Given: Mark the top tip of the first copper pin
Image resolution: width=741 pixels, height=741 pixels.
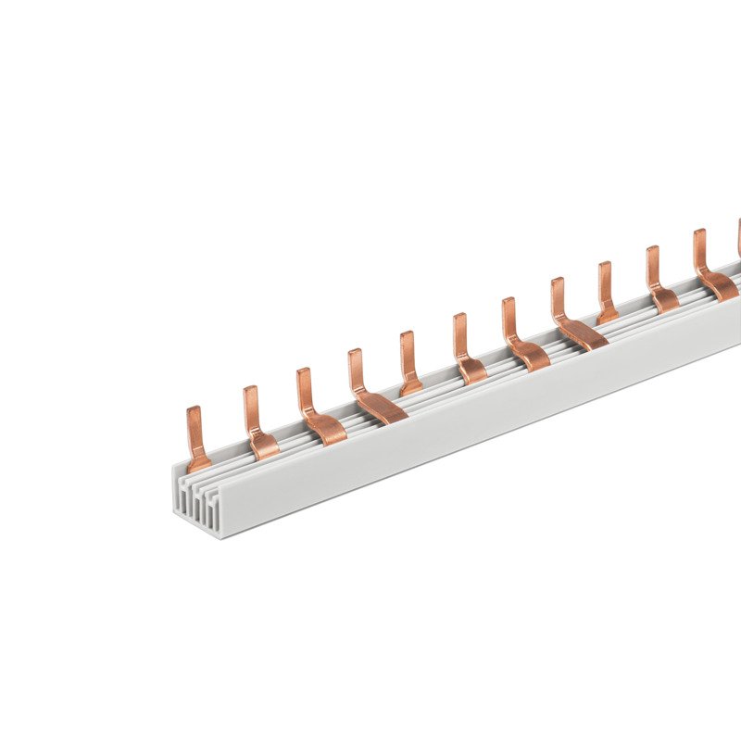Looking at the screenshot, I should point(194,409).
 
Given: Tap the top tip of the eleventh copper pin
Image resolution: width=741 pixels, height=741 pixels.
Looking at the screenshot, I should point(699,232).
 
